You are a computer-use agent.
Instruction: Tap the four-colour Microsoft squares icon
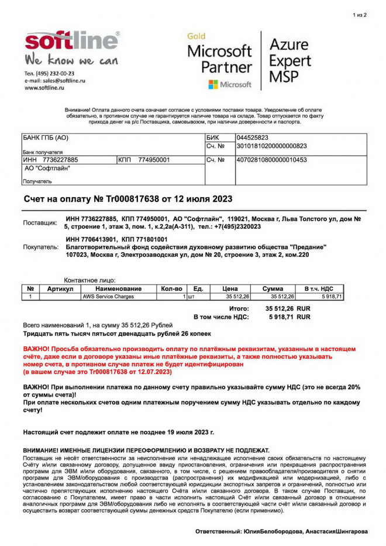213,84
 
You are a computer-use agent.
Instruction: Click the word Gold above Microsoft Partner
197,36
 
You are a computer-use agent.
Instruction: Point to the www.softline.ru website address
44,88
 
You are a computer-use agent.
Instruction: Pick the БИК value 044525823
252,138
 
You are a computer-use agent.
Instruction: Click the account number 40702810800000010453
271,159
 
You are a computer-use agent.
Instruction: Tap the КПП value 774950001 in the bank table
154,159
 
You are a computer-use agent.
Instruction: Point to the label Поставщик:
40,223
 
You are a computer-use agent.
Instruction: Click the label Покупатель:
41,247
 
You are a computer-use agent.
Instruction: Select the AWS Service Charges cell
108,297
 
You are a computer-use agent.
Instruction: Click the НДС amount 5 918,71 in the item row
331,297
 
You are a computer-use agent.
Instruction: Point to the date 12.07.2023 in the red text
151,372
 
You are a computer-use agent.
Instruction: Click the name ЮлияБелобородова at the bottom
273,531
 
